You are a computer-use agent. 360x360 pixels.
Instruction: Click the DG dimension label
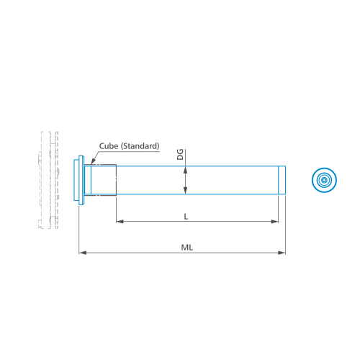pyautogui.click(x=180, y=154)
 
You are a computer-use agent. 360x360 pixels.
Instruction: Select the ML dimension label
pyautogui.click(x=187, y=248)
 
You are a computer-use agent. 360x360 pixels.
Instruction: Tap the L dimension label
pyautogui.click(x=186, y=217)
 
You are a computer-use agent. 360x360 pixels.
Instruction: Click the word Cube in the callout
pyautogui.click(x=109, y=146)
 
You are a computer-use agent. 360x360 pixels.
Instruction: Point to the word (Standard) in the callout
pyautogui.click(x=140, y=146)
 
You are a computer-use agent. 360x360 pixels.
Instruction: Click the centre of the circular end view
pyautogui.click(x=324, y=180)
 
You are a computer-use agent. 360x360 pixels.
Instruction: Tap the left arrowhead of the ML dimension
pyautogui.click(x=83, y=253)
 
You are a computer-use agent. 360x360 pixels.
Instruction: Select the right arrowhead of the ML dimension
pyautogui.click(x=282, y=253)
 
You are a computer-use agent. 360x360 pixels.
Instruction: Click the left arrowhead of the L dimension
pyautogui.click(x=120, y=221)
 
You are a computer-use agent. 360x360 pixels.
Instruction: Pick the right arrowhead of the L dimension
pyautogui.click(x=274, y=221)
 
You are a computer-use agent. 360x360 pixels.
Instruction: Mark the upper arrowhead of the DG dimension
pyautogui.click(x=185, y=170)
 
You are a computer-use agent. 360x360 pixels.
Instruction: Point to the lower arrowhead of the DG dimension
pyautogui.click(x=185, y=190)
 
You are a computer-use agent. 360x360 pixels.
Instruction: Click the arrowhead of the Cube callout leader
pyautogui.click(x=93, y=161)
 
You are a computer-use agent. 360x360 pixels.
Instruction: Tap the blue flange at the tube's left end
pyautogui.click(x=79, y=180)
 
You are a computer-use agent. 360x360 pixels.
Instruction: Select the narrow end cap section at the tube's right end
pyautogui.click(x=282, y=180)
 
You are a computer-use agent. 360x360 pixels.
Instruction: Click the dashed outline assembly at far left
pyautogui.click(x=49, y=180)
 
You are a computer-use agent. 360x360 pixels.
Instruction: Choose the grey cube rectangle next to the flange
pyautogui.click(x=100, y=180)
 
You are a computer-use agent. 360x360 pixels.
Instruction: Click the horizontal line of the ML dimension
pyautogui.click(x=182, y=253)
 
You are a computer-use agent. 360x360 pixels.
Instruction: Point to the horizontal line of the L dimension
pyautogui.click(x=197, y=221)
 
